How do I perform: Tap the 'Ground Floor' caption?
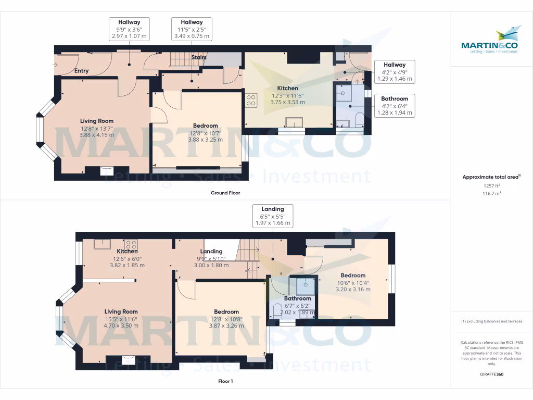point(225,193)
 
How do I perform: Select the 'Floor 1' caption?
point(225,381)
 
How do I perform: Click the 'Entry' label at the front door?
point(81,71)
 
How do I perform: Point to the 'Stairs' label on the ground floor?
point(199,57)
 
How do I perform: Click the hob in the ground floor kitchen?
point(251,100)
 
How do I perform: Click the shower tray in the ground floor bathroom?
point(344,94)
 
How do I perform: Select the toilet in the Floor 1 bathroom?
point(277,312)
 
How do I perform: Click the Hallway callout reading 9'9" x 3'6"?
point(129,29)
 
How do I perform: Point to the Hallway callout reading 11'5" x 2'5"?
point(192,29)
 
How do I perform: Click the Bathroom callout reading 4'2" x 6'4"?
point(394,106)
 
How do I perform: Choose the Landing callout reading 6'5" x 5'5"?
point(273,216)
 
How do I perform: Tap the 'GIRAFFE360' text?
point(492,374)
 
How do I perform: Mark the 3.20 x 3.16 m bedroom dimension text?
point(353,289)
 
